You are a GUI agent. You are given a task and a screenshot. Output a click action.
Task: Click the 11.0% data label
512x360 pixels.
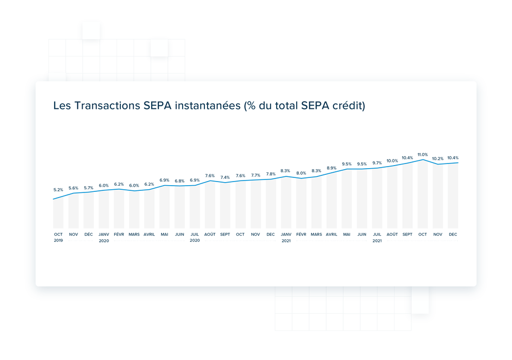(x=423, y=154)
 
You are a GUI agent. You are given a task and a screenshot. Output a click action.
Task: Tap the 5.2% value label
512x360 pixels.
(x=58, y=190)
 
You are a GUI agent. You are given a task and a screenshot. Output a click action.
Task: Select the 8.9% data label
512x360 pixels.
(x=331, y=168)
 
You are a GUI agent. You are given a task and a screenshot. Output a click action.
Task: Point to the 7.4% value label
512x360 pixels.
(x=225, y=177)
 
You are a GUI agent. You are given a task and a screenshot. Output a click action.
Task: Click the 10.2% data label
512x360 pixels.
(x=438, y=159)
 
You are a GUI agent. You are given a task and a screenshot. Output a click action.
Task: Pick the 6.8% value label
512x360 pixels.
(x=180, y=181)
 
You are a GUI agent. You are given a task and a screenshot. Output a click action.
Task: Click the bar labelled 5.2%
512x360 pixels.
(x=58, y=214)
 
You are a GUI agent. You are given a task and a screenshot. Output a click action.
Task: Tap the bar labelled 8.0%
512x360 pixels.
(x=301, y=203)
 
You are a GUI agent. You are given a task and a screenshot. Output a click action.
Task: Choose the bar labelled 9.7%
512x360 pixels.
(x=377, y=199)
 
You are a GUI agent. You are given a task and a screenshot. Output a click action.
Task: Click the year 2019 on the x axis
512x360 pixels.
(x=58, y=241)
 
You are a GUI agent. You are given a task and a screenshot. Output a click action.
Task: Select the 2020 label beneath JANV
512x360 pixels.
(x=104, y=241)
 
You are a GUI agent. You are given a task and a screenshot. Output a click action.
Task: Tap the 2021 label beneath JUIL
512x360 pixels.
(x=377, y=241)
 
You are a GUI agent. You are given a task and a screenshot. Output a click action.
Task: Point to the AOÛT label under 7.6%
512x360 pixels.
(x=210, y=234)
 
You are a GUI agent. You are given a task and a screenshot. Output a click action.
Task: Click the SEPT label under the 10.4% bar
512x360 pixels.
(x=407, y=234)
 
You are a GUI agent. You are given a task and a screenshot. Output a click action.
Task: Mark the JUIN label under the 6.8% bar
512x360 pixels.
(x=180, y=234)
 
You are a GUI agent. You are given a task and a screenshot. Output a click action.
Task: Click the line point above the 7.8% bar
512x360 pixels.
(x=271, y=179)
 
